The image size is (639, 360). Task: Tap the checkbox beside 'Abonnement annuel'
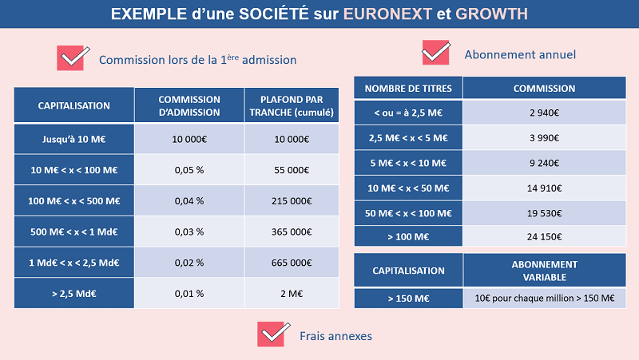pos(435,53)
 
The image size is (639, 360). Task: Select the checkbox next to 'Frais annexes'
pos(272,334)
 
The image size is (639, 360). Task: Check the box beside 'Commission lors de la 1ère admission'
pos(71,57)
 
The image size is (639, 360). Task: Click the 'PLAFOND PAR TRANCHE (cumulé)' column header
pos(292,105)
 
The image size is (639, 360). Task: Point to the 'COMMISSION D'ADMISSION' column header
pos(189,105)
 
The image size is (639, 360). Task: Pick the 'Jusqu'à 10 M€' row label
pos(74,139)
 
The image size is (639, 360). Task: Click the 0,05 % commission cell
pos(189,170)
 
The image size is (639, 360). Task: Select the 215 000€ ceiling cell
pos(292,200)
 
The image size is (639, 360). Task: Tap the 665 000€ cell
pos(292,262)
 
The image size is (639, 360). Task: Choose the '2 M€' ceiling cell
pos(292,293)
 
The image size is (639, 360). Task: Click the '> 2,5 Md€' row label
pos(74,293)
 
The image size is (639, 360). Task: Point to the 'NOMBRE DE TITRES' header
pos(407,89)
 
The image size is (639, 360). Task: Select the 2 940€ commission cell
pos(545,113)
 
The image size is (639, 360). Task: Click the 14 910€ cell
pos(545,188)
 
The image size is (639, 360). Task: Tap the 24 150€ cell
pos(545,238)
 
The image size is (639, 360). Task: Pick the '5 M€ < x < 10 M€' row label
pos(407,164)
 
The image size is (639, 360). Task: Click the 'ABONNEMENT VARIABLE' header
pos(545,271)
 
